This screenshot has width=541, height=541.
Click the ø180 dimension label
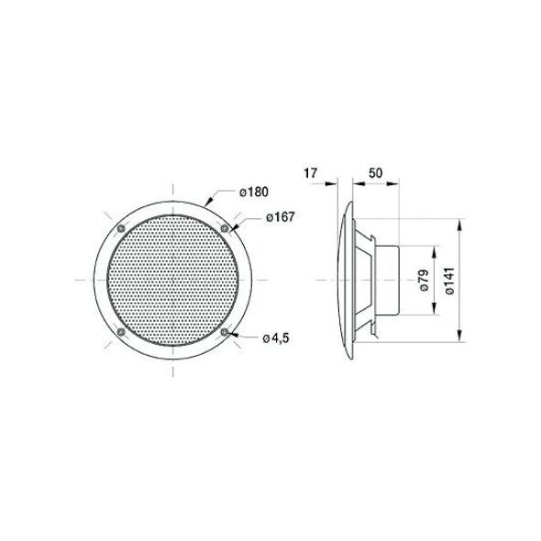coord(254,192)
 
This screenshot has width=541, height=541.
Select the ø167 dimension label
coord(281,217)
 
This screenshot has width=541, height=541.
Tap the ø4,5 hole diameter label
coord(276,338)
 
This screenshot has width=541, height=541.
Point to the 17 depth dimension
coord(310,173)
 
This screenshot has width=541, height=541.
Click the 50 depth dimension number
coord(375,173)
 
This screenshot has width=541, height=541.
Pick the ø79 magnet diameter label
coord(424,280)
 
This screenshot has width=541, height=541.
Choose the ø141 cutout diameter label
coord(449,281)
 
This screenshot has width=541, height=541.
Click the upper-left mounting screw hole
coord(121,228)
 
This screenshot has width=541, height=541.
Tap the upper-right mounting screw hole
coord(225,228)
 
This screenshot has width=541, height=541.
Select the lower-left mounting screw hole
coord(121,332)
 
